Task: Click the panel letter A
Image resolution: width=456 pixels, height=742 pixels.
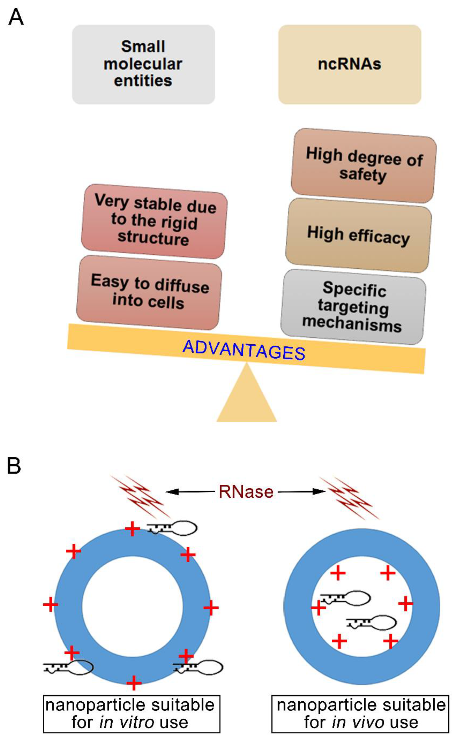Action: (x=16, y=18)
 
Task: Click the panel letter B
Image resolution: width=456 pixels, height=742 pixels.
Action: (x=14, y=466)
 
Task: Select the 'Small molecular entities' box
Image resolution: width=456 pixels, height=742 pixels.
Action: (x=143, y=64)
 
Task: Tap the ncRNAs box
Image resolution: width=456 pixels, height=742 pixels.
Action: (x=350, y=64)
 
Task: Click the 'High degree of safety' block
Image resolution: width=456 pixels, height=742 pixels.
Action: (x=363, y=166)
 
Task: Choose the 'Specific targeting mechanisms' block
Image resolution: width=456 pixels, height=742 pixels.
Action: (x=353, y=306)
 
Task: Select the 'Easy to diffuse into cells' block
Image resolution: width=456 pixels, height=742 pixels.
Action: (x=149, y=292)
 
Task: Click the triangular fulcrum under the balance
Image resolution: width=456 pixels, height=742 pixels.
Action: (x=247, y=398)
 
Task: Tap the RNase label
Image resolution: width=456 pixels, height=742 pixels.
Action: (x=246, y=492)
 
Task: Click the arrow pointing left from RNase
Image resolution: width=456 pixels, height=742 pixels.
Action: (x=190, y=492)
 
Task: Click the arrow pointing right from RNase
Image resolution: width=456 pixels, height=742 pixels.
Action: (x=302, y=492)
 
